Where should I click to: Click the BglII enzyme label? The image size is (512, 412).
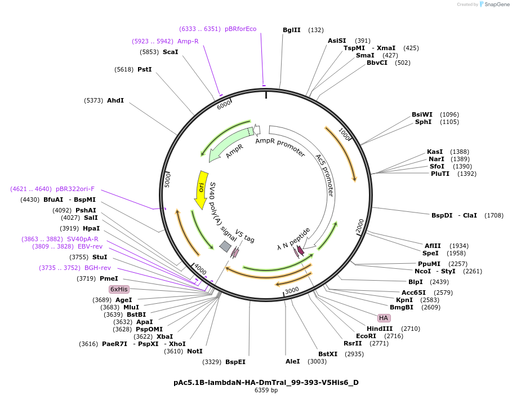click(291, 30)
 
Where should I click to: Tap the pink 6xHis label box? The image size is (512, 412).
click(119, 289)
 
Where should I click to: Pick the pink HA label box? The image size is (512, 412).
click(384, 318)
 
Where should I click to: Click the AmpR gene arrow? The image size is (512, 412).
click(231, 144)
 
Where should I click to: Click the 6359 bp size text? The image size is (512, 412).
click(266, 391)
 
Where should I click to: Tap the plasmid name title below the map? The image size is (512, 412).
click(266, 382)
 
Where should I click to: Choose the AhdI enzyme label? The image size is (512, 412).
click(115, 100)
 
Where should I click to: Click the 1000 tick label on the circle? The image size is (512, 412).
click(344, 135)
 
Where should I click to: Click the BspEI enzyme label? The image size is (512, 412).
click(235, 362)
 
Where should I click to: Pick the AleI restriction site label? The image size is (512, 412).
click(292, 361)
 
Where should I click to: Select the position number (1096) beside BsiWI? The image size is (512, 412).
click(449, 114)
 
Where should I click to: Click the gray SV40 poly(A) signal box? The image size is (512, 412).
click(225, 246)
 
